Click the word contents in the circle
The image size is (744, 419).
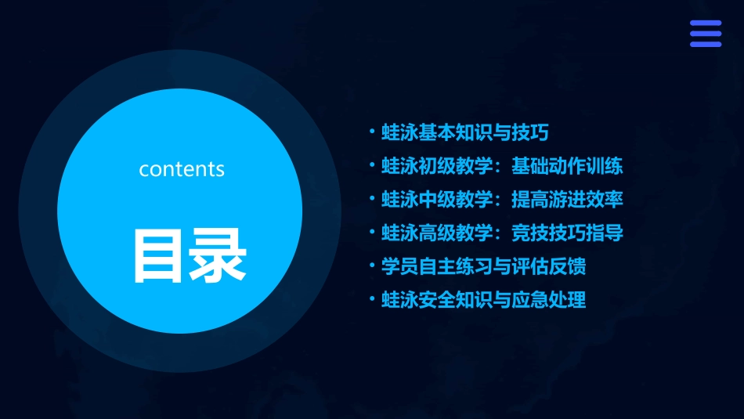coord(182,169)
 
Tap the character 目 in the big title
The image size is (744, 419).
coord(158,255)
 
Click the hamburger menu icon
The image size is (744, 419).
coord(705,34)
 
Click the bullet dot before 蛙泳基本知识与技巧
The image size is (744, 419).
coord(372,131)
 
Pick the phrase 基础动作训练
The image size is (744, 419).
coord(567,167)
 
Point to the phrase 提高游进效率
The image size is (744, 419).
coord(567,200)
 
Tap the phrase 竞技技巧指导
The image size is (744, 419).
coord(567,233)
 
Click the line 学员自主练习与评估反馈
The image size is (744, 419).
coord(483,267)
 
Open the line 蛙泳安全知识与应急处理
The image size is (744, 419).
coord(483,300)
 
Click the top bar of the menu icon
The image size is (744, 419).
coord(705,23)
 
